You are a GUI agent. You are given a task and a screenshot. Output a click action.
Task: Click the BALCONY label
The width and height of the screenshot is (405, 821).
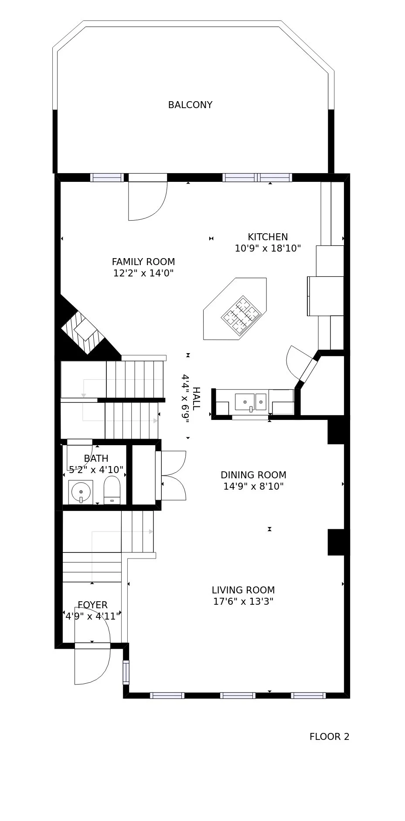(190, 105)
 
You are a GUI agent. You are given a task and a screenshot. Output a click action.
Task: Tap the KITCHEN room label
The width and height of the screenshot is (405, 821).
(268, 237)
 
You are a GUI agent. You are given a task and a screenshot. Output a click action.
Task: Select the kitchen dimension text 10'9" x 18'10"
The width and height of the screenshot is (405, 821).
(268, 249)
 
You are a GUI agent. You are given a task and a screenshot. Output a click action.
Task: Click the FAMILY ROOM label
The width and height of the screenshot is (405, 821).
(143, 262)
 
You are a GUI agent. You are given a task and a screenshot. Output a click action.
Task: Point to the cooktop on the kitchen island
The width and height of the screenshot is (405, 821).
(241, 316)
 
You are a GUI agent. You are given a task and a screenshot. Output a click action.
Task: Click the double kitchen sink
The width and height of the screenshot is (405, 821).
(250, 402)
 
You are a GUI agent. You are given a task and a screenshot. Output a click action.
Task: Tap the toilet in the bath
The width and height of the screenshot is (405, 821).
(112, 490)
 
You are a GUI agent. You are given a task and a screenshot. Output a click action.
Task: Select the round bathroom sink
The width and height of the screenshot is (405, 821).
(81, 492)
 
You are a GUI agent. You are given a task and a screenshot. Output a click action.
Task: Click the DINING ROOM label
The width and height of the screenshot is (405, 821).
(253, 475)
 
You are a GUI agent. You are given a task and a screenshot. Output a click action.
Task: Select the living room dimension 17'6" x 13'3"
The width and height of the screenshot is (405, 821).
(243, 602)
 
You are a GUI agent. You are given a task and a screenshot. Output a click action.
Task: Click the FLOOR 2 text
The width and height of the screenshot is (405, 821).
(329, 737)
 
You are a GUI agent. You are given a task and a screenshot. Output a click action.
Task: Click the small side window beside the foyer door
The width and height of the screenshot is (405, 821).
(126, 672)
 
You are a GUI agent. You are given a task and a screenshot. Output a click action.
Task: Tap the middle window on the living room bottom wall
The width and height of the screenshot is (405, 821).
(238, 695)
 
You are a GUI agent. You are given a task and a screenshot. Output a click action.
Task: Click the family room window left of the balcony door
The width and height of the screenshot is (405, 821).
(107, 177)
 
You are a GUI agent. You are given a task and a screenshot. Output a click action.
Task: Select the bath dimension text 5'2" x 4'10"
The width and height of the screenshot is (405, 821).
(96, 470)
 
